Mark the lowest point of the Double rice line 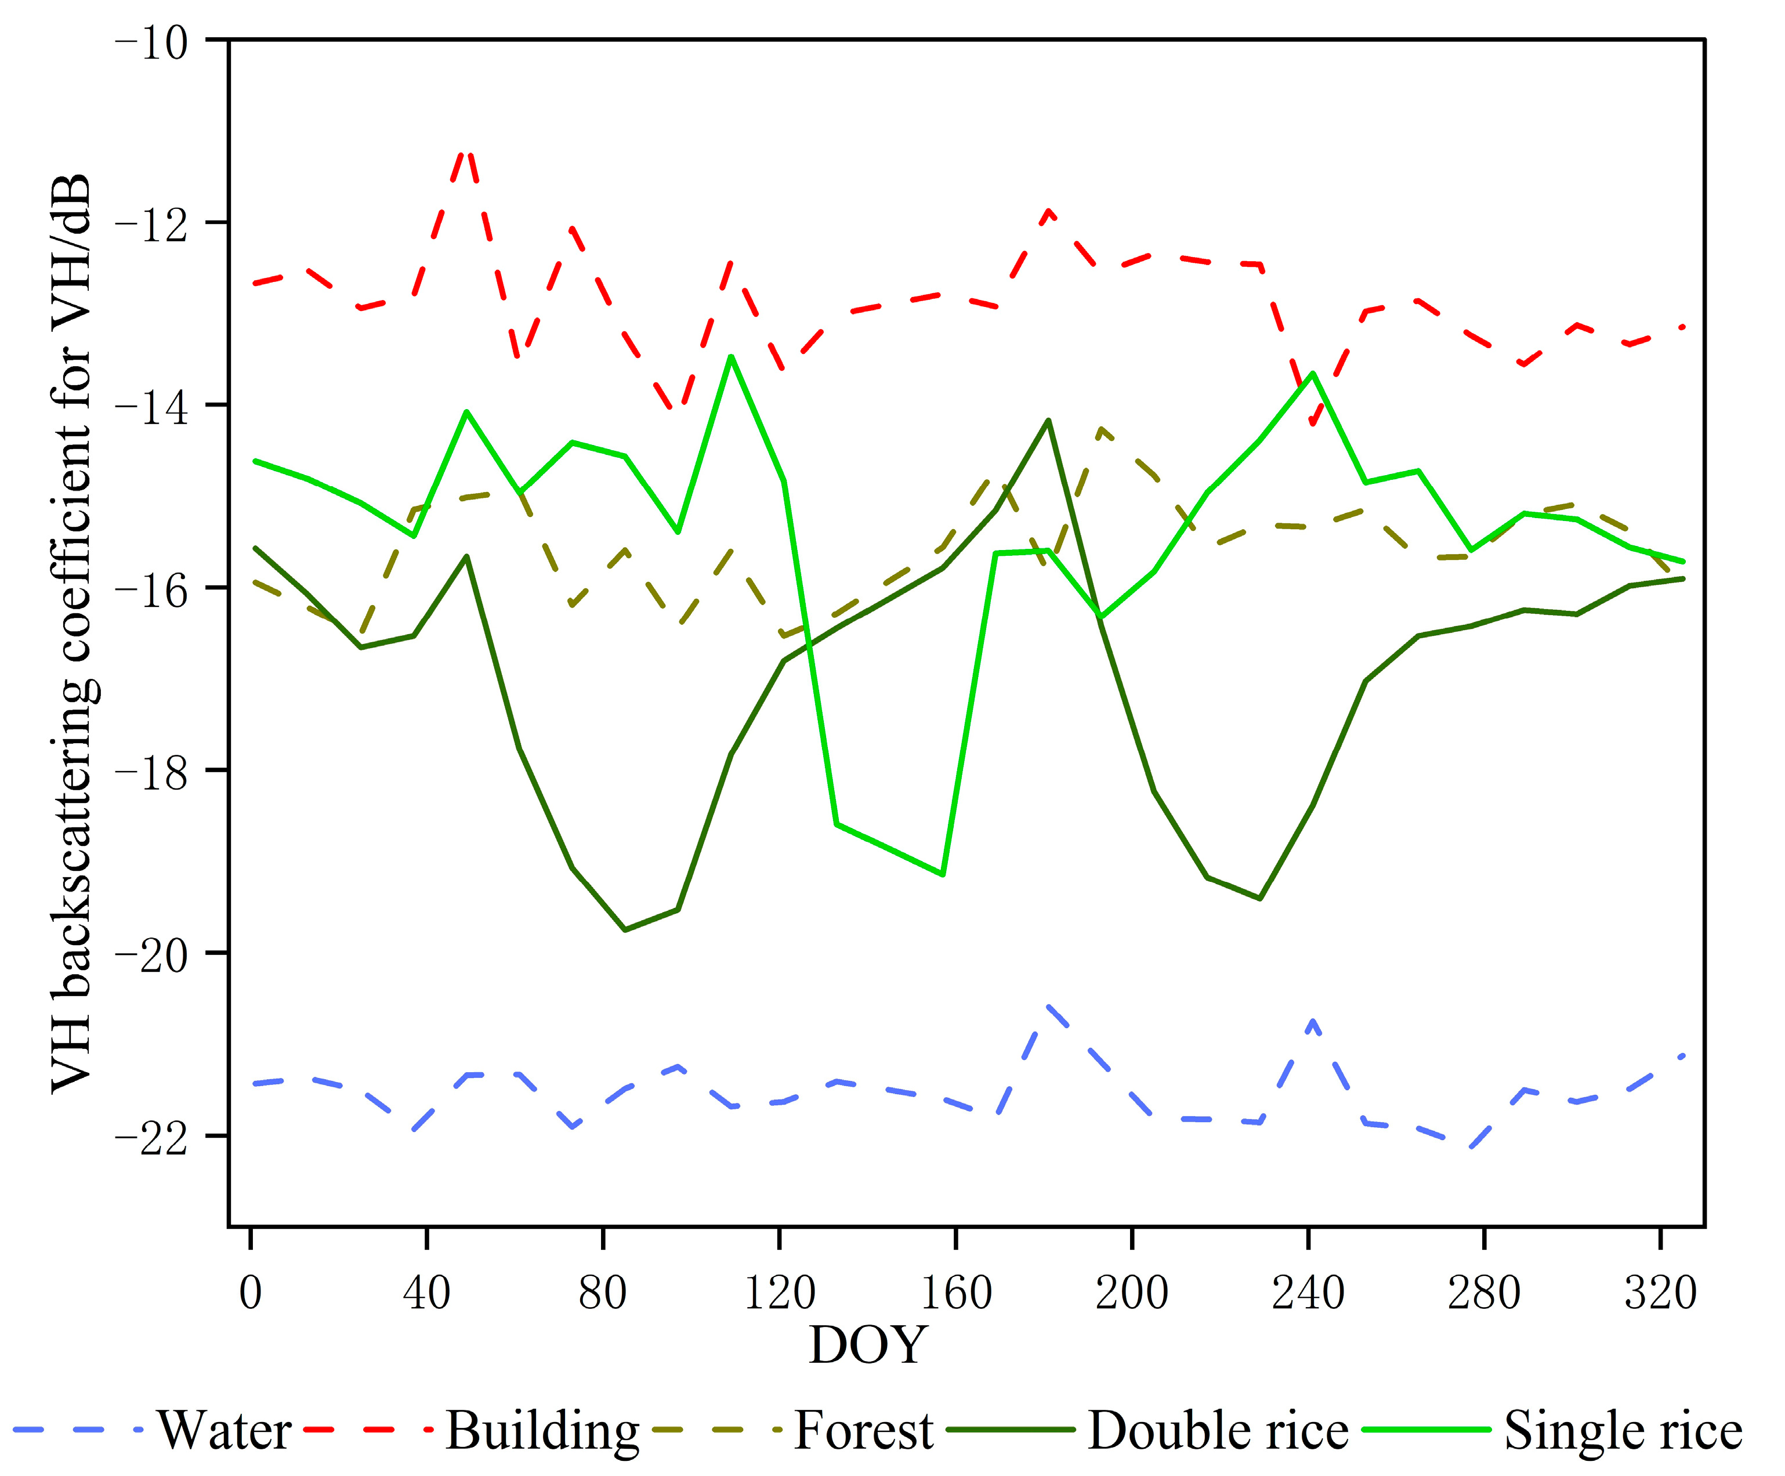[x=625, y=930]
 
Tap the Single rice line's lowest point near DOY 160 [x=943, y=874]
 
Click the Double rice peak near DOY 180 [x=1048, y=420]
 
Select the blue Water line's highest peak [x=1049, y=1006]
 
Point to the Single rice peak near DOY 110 [x=731, y=356]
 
